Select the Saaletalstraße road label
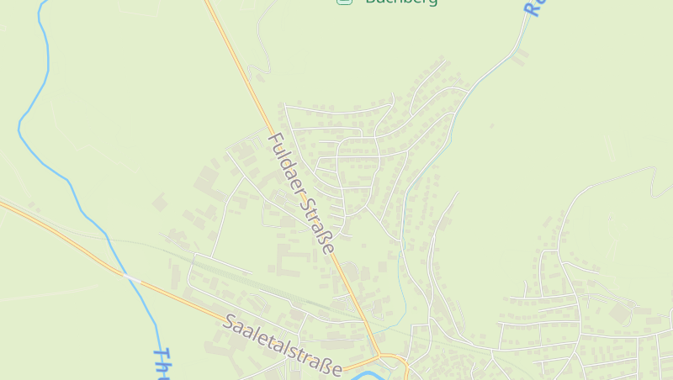pyautogui.click(x=284, y=346)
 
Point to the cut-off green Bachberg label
pyautogui.click(x=401, y=2)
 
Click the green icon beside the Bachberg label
pyautogui.click(x=343, y=2)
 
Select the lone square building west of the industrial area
pyautogui.click(x=159, y=203)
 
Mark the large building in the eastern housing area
pyautogui.click(x=622, y=312)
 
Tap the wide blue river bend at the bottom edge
pyautogui.click(x=362, y=373)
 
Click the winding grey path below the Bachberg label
pyautogui.click(x=262, y=46)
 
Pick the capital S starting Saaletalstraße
pyautogui.click(x=231, y=321)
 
